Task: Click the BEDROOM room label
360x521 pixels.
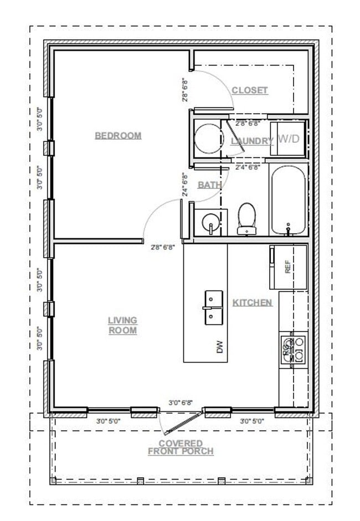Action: coord(118,136)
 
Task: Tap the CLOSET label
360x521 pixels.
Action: coord(249,90)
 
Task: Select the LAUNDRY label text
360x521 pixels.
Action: coord(252,141)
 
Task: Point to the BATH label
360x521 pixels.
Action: coord(209,185)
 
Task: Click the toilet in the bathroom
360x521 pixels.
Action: coord(246,218)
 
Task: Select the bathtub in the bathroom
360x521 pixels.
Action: coord(288,200)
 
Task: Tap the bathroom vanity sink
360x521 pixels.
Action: coord(210,223)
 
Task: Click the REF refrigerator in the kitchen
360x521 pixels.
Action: coord(288,268)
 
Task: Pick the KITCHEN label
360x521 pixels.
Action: coord(252,303)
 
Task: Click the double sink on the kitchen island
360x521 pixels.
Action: coord(213,308)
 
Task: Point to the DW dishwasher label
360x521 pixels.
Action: coord(220,348)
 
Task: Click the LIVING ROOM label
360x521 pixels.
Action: coord(122,325)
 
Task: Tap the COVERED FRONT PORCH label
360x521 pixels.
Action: coord(181,447)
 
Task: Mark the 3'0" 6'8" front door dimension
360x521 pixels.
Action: coord(181,403)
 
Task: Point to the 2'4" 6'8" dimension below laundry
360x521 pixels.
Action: coord(248,167)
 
